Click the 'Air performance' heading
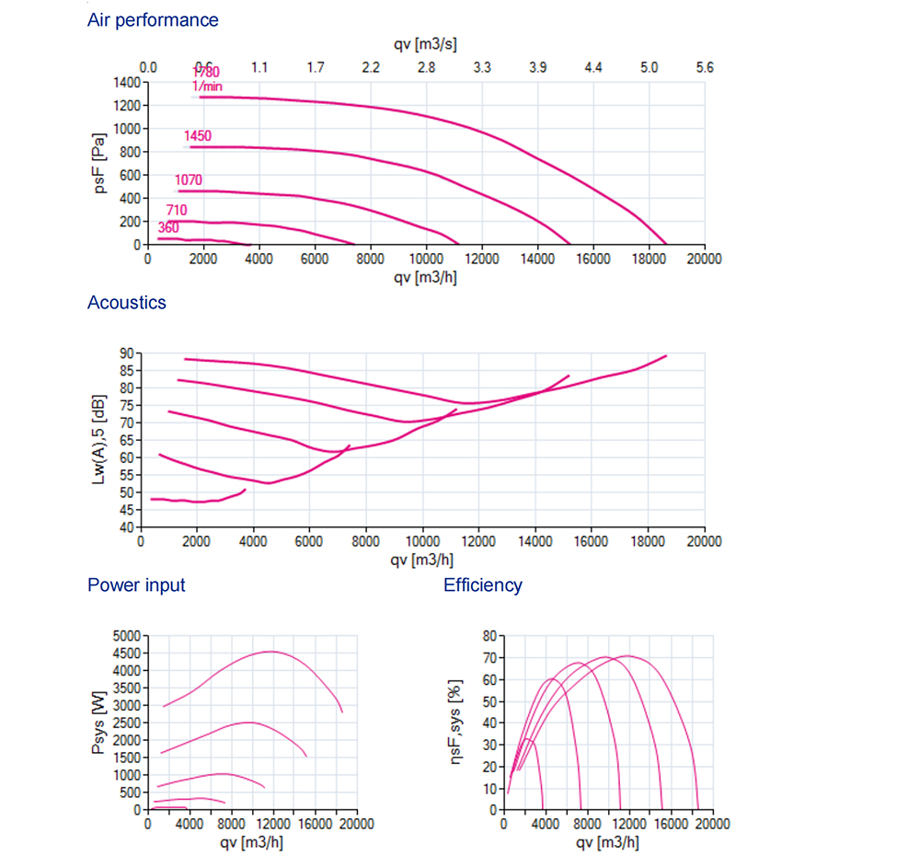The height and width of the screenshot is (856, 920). point(153,19)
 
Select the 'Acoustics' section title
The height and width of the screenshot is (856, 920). point(127,302)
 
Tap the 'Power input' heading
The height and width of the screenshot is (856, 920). point(136,584)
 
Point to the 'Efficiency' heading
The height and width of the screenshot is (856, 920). point(483,584)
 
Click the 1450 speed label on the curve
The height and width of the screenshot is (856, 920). point(198,136)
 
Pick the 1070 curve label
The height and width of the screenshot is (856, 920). point(189,180)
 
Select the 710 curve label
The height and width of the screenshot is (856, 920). point(177,211)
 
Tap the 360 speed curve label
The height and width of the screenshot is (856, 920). point(168,227)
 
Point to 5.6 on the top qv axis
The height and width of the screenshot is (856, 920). point(705,67)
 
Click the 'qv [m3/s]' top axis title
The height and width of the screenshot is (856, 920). point(426,44)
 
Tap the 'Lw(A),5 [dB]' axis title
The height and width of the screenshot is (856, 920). point(99,439)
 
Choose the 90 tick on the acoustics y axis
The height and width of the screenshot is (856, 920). point(127,353)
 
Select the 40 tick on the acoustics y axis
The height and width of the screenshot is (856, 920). point(127,527)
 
